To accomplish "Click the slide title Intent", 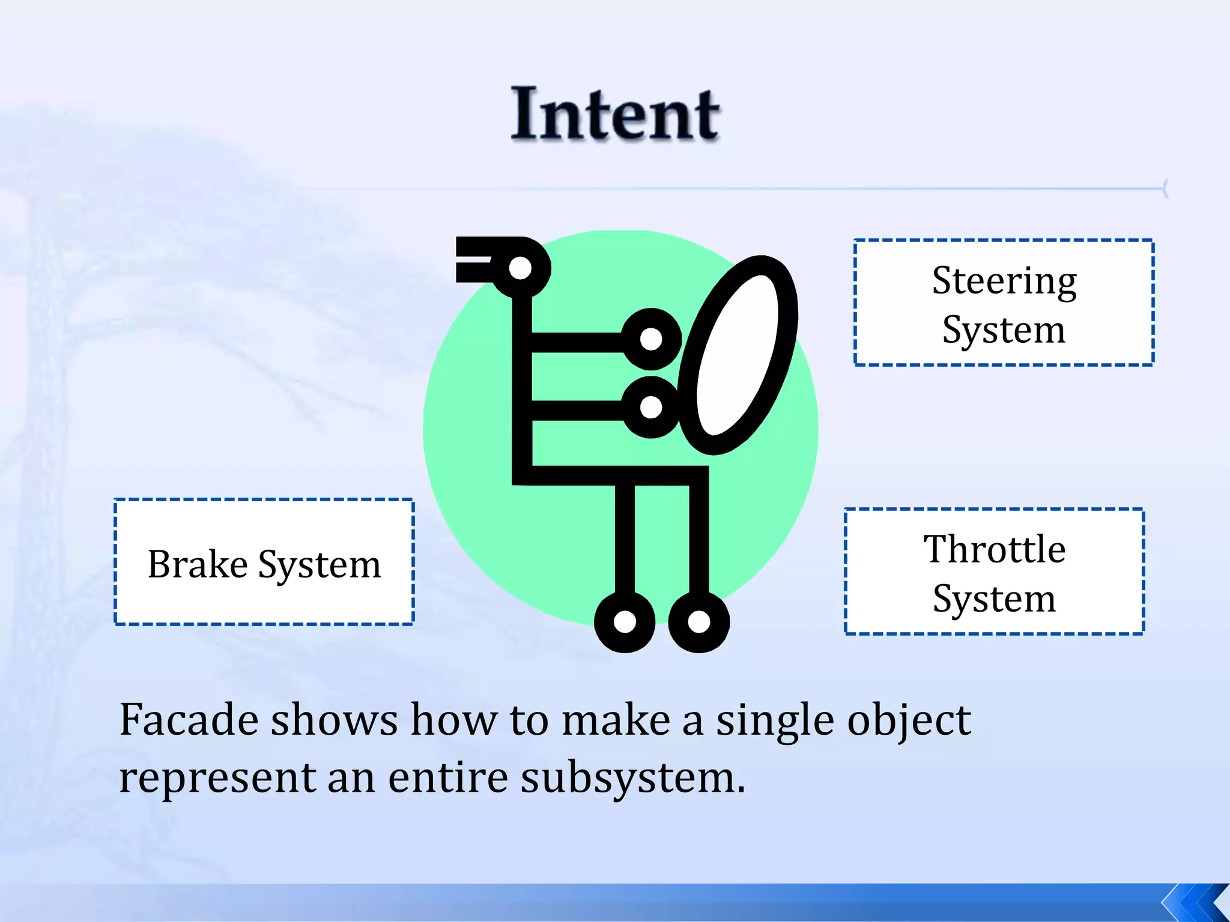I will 615,114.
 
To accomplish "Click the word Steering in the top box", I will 1004,281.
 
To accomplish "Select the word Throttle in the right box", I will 994,549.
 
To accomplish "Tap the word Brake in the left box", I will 198,564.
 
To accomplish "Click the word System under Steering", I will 1004,330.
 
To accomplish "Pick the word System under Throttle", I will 994,599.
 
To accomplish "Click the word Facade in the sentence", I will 189,720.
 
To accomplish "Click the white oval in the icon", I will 738,354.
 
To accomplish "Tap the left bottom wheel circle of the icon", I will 625,622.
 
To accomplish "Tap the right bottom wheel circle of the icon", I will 698,622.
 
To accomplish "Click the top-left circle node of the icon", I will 520,268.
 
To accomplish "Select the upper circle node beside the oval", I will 651,339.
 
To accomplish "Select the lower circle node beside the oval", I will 651,408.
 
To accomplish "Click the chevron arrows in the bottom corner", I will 1195,902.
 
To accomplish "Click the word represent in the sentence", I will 217,779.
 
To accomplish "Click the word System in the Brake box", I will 320,565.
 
